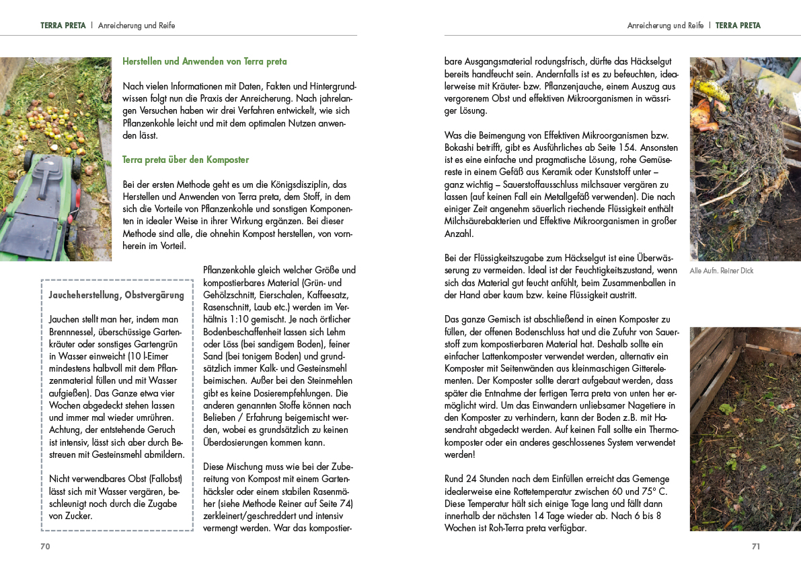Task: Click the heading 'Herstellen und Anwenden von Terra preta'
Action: pos(204,61)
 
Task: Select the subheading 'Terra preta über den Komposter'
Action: pos(186,160)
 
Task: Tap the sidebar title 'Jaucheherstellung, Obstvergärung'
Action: pos(116,295)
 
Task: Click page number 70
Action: pos(45,547)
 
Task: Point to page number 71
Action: pos(755,547)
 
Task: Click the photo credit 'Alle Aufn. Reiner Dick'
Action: pos(722,271)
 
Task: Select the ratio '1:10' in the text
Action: pos(241,320)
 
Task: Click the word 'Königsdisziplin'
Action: pos(299,184)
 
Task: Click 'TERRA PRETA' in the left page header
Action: pos(63,26)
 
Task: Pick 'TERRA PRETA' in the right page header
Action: pos(738,26)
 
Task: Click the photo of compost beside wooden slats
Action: pos(745,429)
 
